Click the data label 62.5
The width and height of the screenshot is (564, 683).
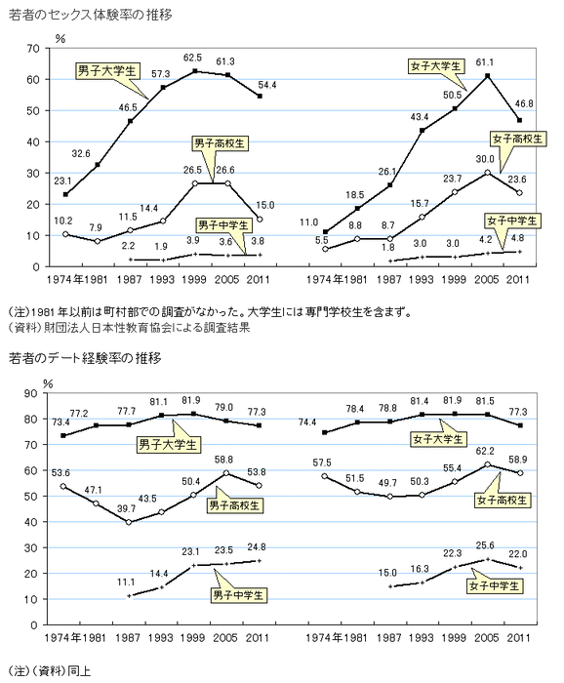click(x=192, y=58)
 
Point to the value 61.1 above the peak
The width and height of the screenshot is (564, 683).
click(x=485, y=62)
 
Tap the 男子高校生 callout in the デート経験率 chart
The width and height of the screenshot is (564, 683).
click(x=234, y=505)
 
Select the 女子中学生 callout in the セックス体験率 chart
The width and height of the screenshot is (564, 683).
click(x=511, y=221)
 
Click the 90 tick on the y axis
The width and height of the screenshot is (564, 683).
click(x=31, y=393)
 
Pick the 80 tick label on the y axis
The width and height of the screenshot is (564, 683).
click(x=31, y=419)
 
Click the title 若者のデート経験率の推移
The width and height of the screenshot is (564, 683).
click(x=85, y=358)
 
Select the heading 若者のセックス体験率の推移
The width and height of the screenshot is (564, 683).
click(x=91, y=15)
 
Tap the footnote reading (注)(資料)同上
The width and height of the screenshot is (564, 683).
click(x=49, y=671)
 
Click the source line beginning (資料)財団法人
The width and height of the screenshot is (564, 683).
click(x=129, y=328)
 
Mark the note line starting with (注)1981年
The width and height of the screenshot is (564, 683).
click(x=210, y=312)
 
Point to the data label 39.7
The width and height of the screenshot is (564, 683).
click(x=126, y=508)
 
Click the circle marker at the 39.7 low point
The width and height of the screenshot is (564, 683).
click(x=129, y=522)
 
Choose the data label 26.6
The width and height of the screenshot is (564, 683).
click(x=225, y=170)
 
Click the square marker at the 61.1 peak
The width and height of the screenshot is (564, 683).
click(x=487, y=76)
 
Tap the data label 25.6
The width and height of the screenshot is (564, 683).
click(x=485, y=545)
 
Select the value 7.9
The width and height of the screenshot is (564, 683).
click(x=96, y=227)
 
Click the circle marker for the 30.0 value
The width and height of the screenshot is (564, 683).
click(x=487, y=173)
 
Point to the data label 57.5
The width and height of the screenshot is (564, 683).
click(x=322, y=462)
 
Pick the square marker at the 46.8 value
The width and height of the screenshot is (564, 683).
click(x=519, y=120)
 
